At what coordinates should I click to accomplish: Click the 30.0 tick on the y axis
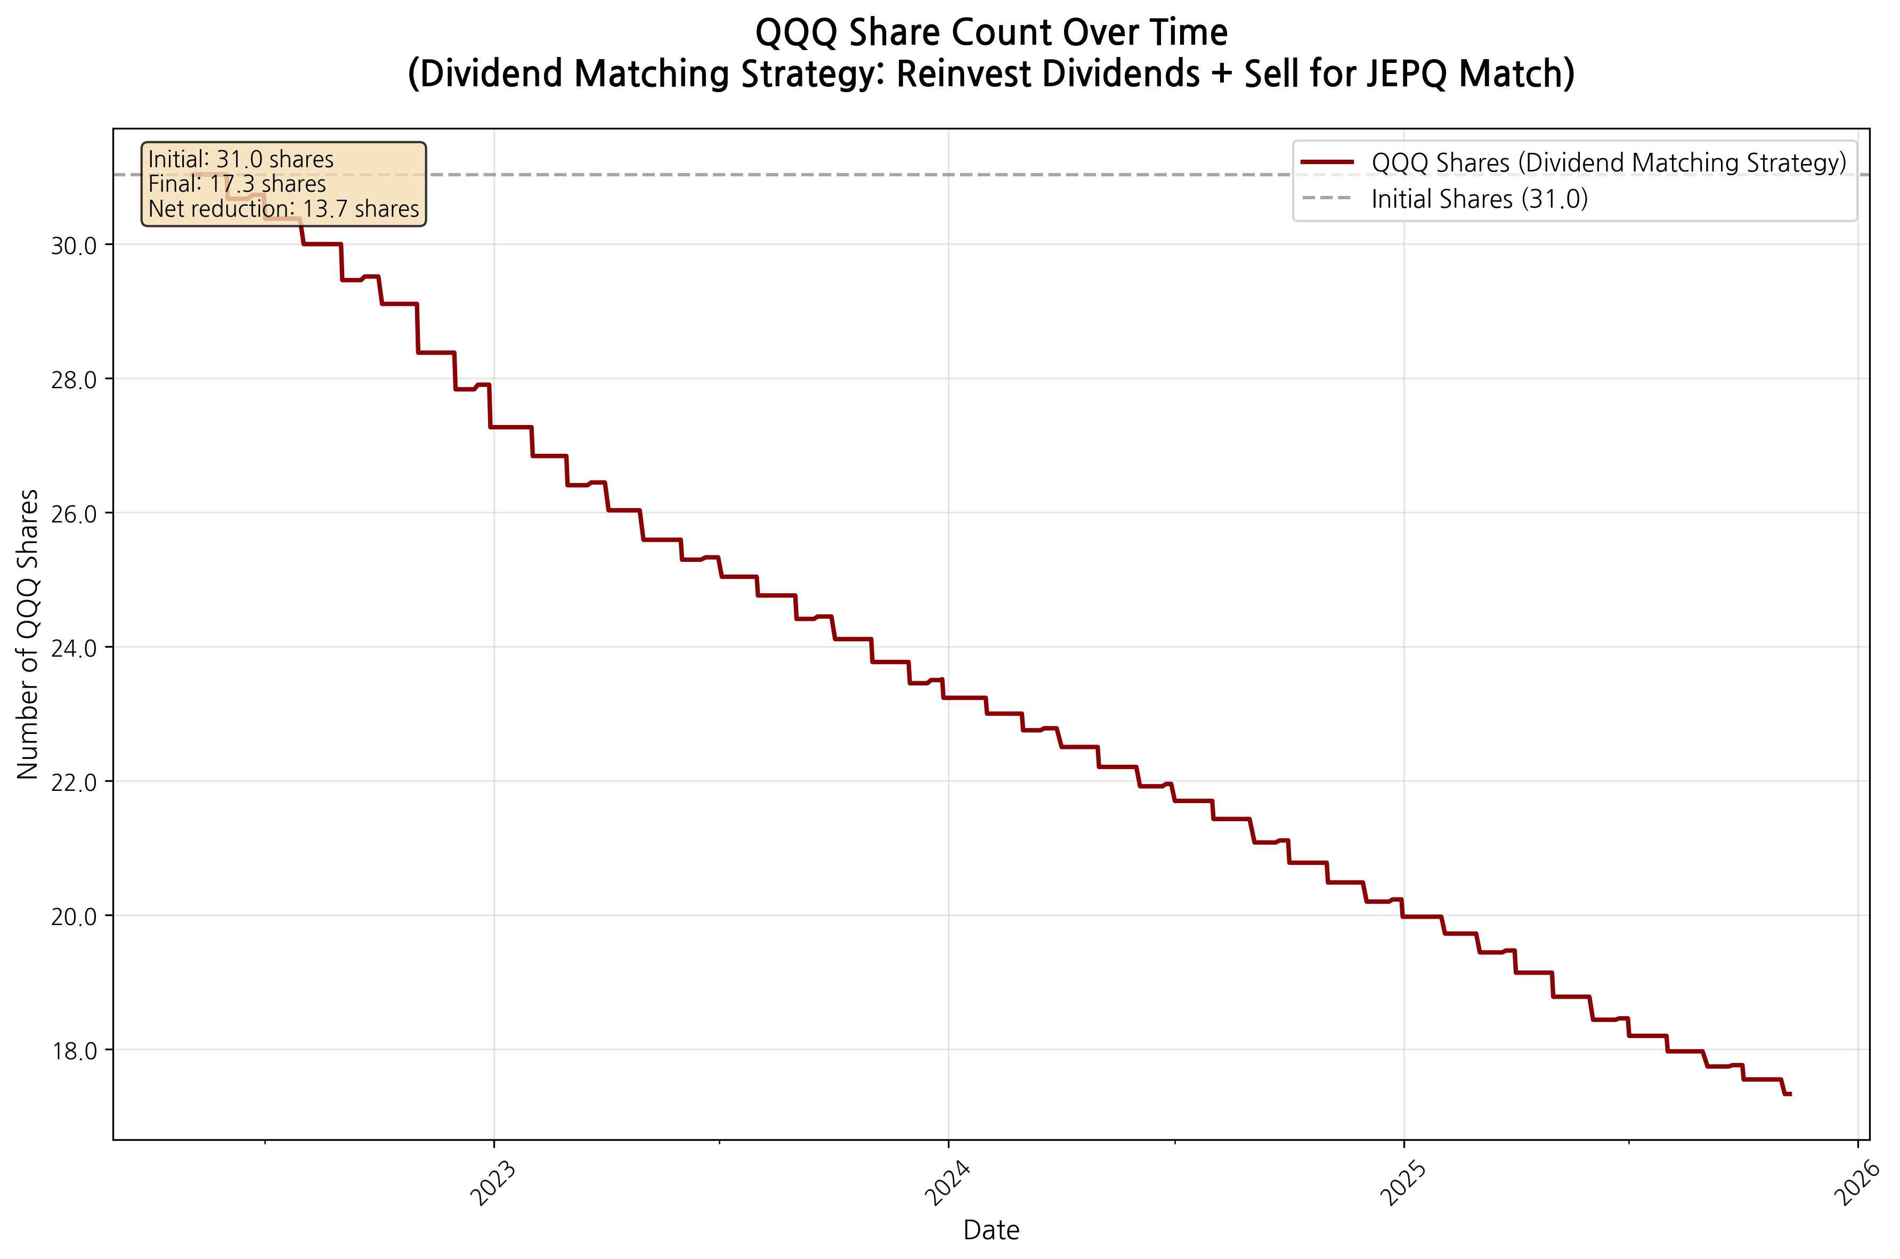(74, 246)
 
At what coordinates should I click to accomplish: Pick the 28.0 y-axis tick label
(74, 380)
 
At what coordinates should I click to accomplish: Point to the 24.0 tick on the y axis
(74, 648)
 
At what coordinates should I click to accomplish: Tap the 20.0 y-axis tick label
(74, 916)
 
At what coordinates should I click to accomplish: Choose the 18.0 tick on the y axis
(74, 1050)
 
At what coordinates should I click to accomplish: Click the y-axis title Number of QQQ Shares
(28, 634)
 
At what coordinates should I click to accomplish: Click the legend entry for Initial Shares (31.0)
(1479, 199)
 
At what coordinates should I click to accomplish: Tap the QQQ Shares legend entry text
(1609, 163)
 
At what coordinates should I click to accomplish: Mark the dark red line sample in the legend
(1327, 162)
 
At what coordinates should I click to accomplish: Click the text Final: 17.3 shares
(237, 184)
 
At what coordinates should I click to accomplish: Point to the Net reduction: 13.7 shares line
(283, 209)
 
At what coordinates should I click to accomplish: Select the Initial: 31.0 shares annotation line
(241, 159)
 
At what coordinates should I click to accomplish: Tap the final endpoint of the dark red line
(1790, 1093)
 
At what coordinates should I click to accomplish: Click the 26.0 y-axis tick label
(74, 514)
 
